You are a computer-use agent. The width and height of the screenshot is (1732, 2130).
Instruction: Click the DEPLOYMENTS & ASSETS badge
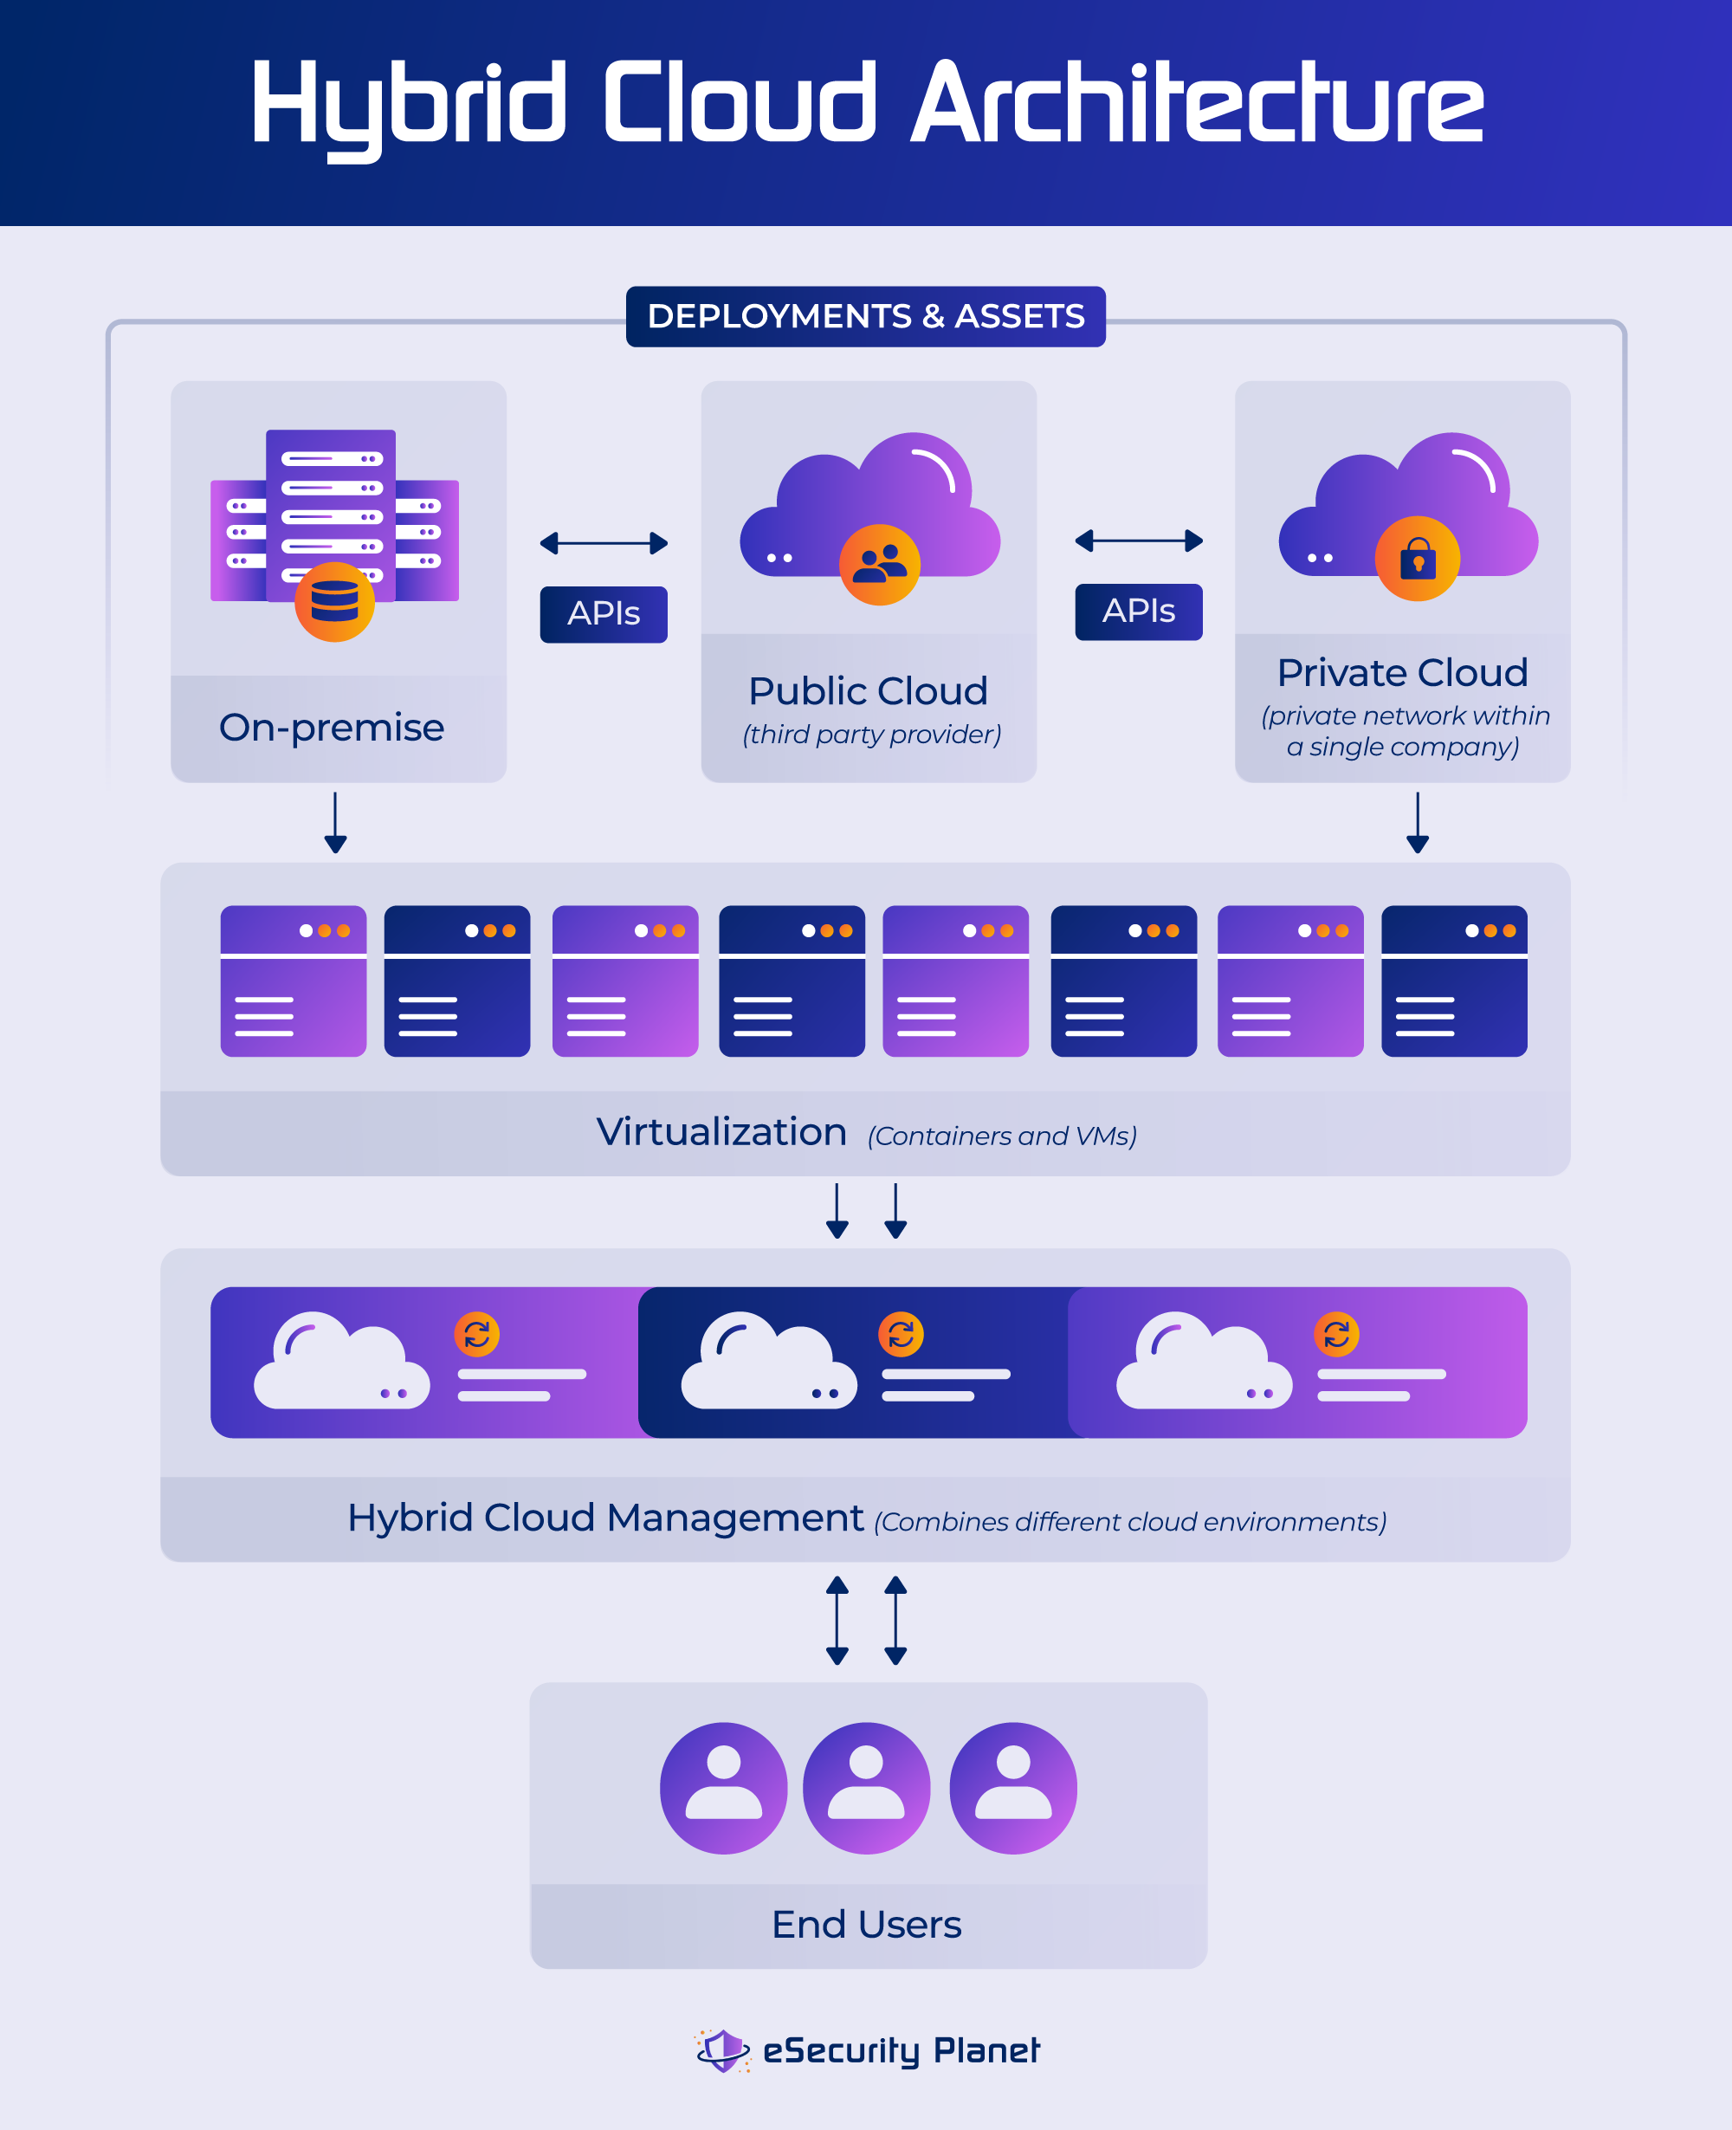point(865,316)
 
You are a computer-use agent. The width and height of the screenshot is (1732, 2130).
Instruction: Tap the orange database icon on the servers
point(334,602)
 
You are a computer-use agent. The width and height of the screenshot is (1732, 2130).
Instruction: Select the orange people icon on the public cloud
point(879,565)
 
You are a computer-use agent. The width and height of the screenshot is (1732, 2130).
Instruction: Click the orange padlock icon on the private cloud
point(1417,559)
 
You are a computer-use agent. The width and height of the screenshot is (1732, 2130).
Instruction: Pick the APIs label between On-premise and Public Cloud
point(604,613)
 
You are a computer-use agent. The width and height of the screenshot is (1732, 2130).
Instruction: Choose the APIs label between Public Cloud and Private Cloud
point(1139,611)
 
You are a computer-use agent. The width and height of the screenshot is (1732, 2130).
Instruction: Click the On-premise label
point(331,728)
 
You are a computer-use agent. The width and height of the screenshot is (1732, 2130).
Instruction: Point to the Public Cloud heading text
point(868,690)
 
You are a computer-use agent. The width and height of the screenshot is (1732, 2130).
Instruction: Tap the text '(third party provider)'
point(871,735)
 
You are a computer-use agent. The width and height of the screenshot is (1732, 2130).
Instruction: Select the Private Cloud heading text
point(1402,672)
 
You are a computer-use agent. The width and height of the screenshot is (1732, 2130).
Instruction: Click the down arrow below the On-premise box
point(335,823)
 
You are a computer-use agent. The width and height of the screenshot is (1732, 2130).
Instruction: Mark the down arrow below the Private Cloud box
point(1417,823)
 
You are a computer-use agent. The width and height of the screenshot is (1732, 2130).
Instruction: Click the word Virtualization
point(721,1131)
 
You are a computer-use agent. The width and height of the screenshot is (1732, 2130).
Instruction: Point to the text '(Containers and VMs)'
point(1002,1136)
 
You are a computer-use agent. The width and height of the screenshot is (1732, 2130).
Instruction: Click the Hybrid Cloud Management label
point(604,1518)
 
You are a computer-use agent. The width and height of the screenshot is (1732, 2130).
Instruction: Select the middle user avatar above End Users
point(866,1788)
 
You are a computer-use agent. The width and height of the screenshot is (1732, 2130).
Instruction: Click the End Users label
point(866,1925)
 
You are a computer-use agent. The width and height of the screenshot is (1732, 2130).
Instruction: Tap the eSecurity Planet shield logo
point(722,2050)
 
